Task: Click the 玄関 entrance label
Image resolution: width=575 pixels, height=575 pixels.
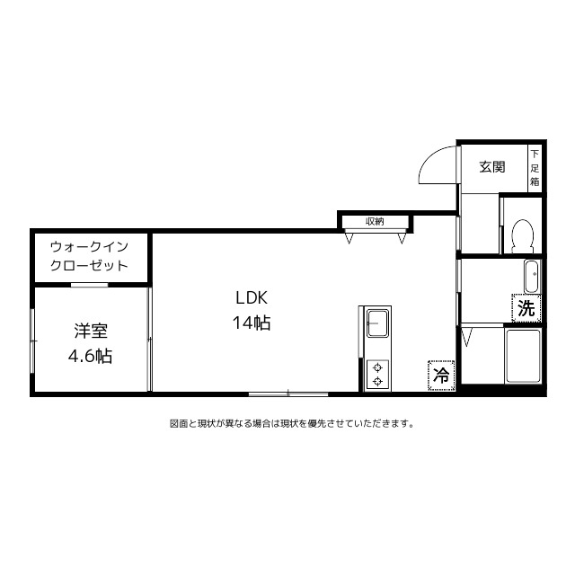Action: click(x=491, y=166)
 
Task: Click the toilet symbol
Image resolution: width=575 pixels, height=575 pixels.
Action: click(x=523, y=235)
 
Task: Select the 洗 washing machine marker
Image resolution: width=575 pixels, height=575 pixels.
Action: click(x=526, y=308)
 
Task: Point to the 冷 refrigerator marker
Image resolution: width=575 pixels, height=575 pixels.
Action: click(x=441, y=376)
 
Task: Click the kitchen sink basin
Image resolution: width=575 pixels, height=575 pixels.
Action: click(x=377, y=321)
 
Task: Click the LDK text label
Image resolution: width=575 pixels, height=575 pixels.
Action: click(x=252, y=297)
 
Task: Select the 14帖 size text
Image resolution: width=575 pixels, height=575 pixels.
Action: click(x=252, y=323)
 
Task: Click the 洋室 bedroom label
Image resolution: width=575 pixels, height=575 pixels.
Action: click(x=90, y=330)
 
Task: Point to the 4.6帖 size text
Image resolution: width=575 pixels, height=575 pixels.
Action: click(x=90, y=356)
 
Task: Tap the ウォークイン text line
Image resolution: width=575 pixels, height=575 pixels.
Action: click(x=90, y=245)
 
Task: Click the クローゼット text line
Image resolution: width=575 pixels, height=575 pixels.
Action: click(x=90, y=266)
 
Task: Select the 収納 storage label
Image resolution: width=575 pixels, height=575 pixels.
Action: click(x=375, y=221)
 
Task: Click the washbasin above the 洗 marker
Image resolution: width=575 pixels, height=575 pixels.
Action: click(x=530, y=276)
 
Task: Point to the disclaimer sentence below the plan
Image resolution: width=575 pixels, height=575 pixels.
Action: click(x=291, y=423)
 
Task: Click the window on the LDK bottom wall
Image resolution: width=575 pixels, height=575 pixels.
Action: click(x=287, y=393)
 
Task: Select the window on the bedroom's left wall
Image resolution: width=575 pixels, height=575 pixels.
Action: click(x=32, y=339)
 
